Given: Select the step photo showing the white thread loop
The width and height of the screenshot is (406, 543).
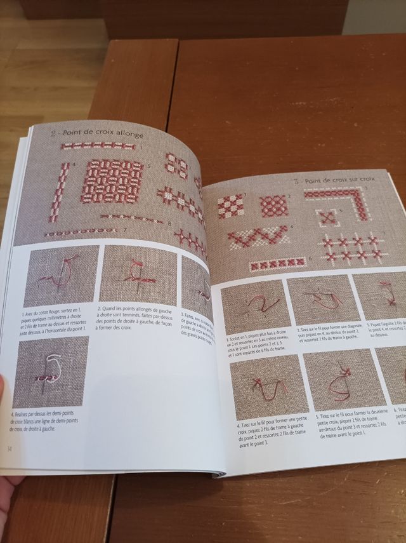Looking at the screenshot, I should click(51, 372).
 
